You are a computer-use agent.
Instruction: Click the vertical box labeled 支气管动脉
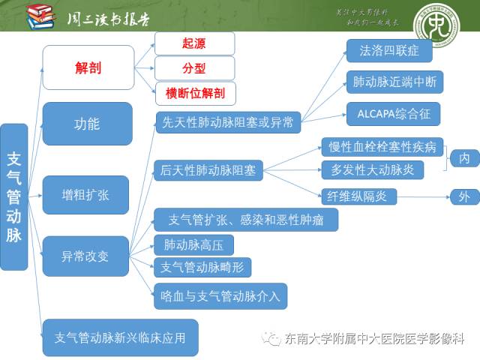[14, 196]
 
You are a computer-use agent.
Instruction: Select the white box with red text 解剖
[88, 67]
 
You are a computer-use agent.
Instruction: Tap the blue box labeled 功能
[87, 124]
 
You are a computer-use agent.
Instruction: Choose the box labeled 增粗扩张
[85, 194]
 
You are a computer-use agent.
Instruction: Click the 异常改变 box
[85, 256]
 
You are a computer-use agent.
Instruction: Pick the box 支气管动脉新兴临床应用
[120, 337]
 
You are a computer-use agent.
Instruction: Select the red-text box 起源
[194, 43]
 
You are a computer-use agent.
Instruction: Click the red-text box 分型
[194, 68]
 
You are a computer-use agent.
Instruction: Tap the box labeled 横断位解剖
[194, 93]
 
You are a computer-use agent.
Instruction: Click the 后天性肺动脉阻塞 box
[208, 170]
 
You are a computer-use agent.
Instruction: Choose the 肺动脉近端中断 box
[394, 82]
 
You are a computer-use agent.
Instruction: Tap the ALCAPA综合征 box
[393, 114]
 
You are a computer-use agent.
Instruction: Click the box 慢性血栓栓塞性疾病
[382, 146]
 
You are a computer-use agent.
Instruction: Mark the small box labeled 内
[464, 158]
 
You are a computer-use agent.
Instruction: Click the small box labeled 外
[464, 197]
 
